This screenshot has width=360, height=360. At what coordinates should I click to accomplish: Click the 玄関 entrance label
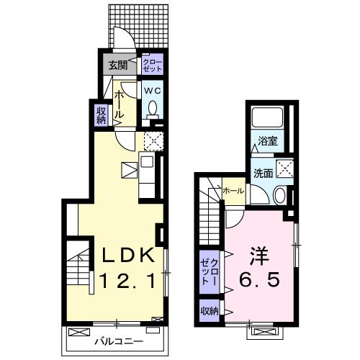point(117,66)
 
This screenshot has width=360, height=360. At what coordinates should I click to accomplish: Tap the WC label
point(152,91)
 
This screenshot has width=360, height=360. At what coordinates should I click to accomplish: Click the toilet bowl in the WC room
point(152,109)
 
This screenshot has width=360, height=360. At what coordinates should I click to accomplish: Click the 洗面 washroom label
point(262,173)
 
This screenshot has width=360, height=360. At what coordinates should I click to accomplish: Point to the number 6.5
point(260,280)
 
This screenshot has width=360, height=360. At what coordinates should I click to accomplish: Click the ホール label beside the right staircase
point(233,191)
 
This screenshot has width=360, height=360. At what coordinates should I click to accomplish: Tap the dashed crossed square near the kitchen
point(153,140)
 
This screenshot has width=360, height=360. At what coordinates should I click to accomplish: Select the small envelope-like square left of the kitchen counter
point(129,170)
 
